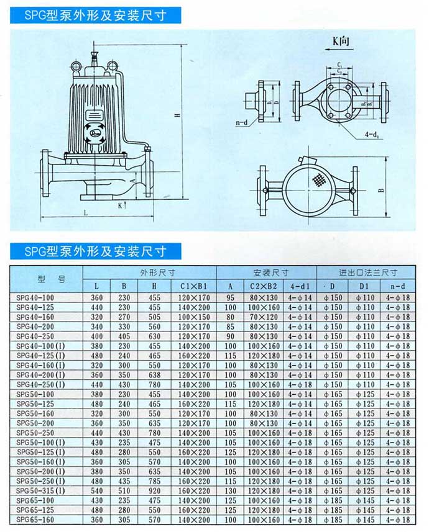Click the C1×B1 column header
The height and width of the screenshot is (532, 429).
[x=193, y=286]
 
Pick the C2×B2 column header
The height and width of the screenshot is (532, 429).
[x=264, y=286]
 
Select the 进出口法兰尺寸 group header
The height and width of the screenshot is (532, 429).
[x=368, y=273]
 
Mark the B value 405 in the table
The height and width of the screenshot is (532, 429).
[x=124, y=336]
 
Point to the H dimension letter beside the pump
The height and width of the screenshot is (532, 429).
[x=177, y=115]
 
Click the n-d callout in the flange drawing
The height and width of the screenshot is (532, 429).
[x=243, y=123]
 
